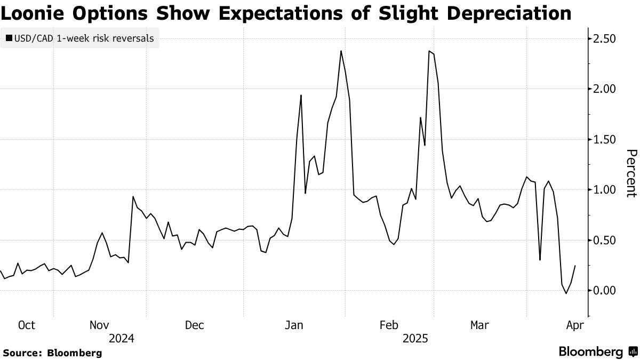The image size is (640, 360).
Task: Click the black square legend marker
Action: pos(9,38)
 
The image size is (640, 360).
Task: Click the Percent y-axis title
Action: pos(630,173)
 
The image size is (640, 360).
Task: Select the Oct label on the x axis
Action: pos(26,325)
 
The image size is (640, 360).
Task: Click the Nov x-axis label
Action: pos(99,325)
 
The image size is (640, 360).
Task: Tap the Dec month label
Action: pos(195,325)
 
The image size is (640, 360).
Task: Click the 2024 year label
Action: pos(121,338)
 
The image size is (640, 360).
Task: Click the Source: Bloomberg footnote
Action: pos(52,353)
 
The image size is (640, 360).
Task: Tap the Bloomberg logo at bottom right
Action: pos(597,352)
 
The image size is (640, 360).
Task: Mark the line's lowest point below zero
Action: pos(566,293)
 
